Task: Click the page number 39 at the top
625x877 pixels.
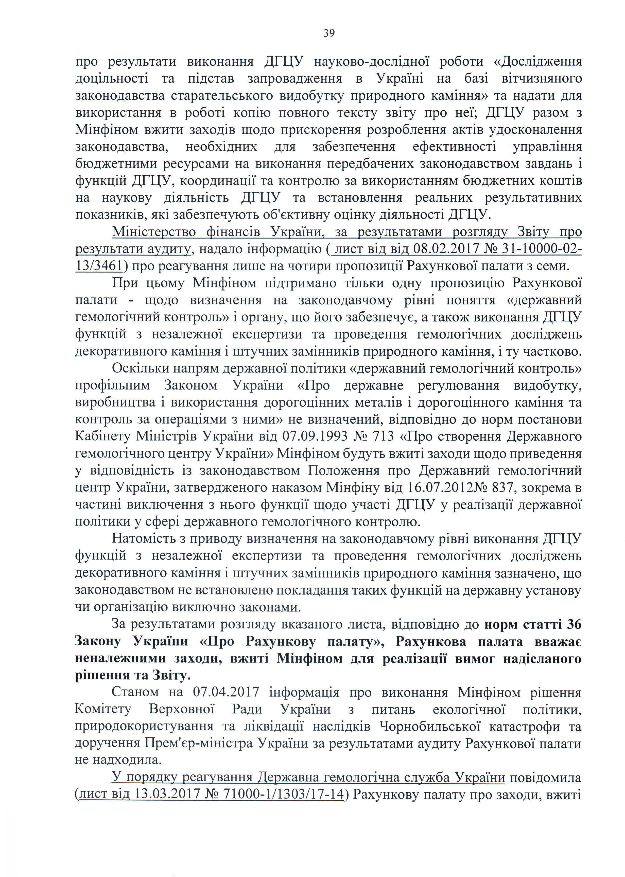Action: pos(329,33)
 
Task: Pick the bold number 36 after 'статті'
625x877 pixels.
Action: pos(574,624)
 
